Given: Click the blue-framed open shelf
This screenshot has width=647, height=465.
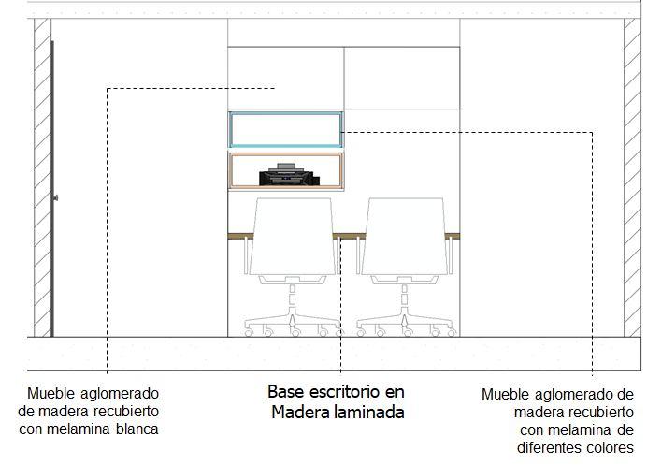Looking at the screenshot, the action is pyautogui.click(x=286, y=129).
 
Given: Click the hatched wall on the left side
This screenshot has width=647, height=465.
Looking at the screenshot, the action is pyautogui.click(x=42, y=178).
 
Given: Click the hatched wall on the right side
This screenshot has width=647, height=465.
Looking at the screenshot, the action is pyautogui.click(x=633, y=178).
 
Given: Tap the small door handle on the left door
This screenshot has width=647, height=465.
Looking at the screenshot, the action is pyautogui.click(x=56, y=197).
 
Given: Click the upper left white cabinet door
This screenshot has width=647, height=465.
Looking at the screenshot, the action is pyautogui.click(x=286, y=75).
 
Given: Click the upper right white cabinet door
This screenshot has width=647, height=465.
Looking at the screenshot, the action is pyautogui.click(x=402, y=75).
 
